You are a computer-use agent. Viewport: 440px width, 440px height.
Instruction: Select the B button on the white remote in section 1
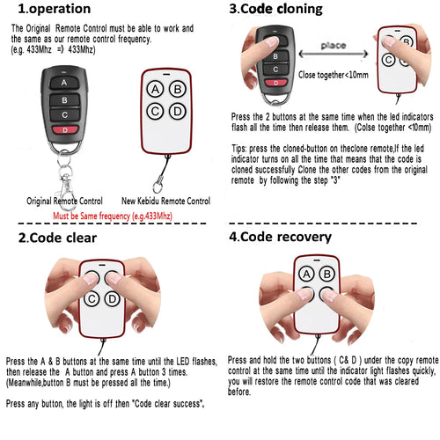point(177,89)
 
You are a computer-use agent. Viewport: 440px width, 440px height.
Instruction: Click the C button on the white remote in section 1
point(155,111)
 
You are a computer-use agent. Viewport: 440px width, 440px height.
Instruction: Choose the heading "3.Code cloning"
point(275,10)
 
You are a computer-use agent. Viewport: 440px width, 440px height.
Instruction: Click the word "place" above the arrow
point(334,45)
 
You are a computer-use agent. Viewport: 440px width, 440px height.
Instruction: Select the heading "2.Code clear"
point(58,238)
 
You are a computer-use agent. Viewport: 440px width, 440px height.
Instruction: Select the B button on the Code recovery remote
point(329,274)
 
